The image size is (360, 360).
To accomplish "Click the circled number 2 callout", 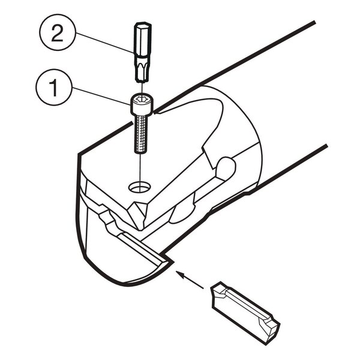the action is tap(58, 32).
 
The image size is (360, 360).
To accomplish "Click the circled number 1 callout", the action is tap(54, 87).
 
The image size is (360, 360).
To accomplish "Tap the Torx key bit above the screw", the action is tap(143, 52).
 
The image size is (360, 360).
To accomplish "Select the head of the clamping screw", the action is tap(142, 104).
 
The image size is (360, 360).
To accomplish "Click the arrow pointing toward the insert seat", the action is tap(190, 280).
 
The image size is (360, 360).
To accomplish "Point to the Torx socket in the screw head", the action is tap(142, 99).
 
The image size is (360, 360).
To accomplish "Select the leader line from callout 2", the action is tap(104, 43).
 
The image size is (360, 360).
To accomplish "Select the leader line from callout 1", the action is tap(101, 96).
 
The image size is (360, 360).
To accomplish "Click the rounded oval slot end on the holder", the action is tap(226, 168).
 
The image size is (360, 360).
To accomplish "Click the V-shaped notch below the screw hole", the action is tap(139, 215).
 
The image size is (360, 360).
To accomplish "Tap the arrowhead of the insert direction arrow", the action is tap(180, 274).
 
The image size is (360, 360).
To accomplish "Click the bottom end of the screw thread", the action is tap(140, 152).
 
